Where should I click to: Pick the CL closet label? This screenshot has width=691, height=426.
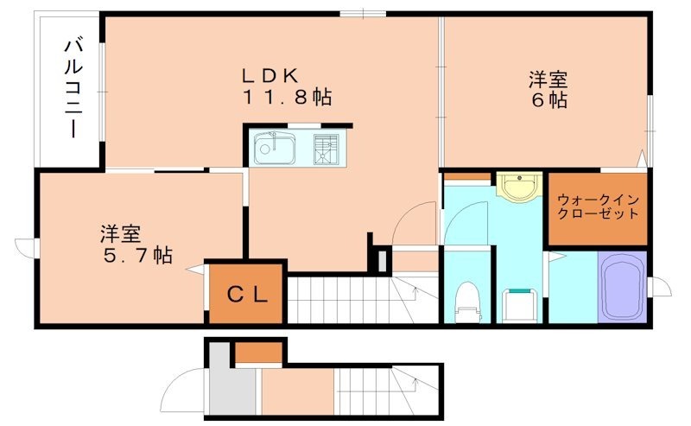point(247,293)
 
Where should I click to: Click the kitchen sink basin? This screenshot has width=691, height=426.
point(276,149)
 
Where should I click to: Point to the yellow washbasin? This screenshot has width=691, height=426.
point(518,187)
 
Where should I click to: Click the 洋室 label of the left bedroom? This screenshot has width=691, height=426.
point(120,233)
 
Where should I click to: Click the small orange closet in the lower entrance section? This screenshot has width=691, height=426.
point(258,352)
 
